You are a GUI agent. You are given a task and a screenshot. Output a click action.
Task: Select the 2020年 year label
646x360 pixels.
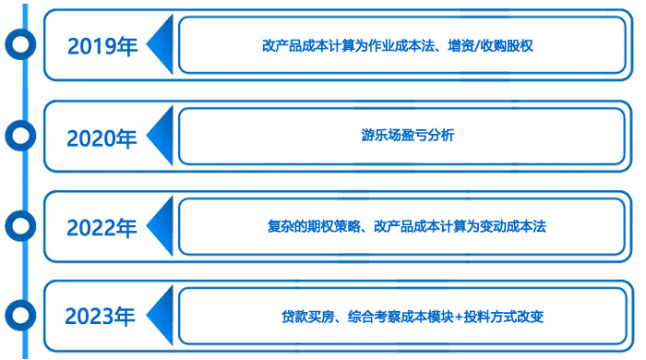click(x=102, y=138)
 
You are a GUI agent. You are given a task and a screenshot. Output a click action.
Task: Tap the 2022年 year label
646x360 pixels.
click(x=102, y=227)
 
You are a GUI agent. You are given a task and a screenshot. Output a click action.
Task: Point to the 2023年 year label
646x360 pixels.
click(x=102, y=317)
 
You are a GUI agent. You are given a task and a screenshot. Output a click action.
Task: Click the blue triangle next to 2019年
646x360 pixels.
click(x=162, y=45)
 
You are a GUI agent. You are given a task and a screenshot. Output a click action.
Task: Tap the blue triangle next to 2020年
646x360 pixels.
click(x=162, y=136)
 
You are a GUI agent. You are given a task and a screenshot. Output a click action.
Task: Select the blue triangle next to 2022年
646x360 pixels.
click(x=162, y=226)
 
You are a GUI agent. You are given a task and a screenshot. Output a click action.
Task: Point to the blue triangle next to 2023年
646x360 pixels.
click(x=162, y=317)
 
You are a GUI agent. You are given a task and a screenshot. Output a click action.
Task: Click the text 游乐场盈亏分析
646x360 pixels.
click(x=407, y=136)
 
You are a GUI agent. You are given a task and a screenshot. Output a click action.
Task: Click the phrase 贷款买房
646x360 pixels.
click(x=305, y=317)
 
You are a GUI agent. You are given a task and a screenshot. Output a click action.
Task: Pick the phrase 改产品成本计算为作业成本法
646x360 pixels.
click(x=361, y=44)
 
